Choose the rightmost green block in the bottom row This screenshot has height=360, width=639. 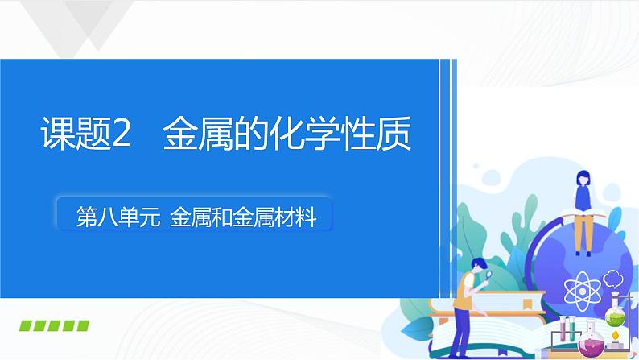81,326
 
